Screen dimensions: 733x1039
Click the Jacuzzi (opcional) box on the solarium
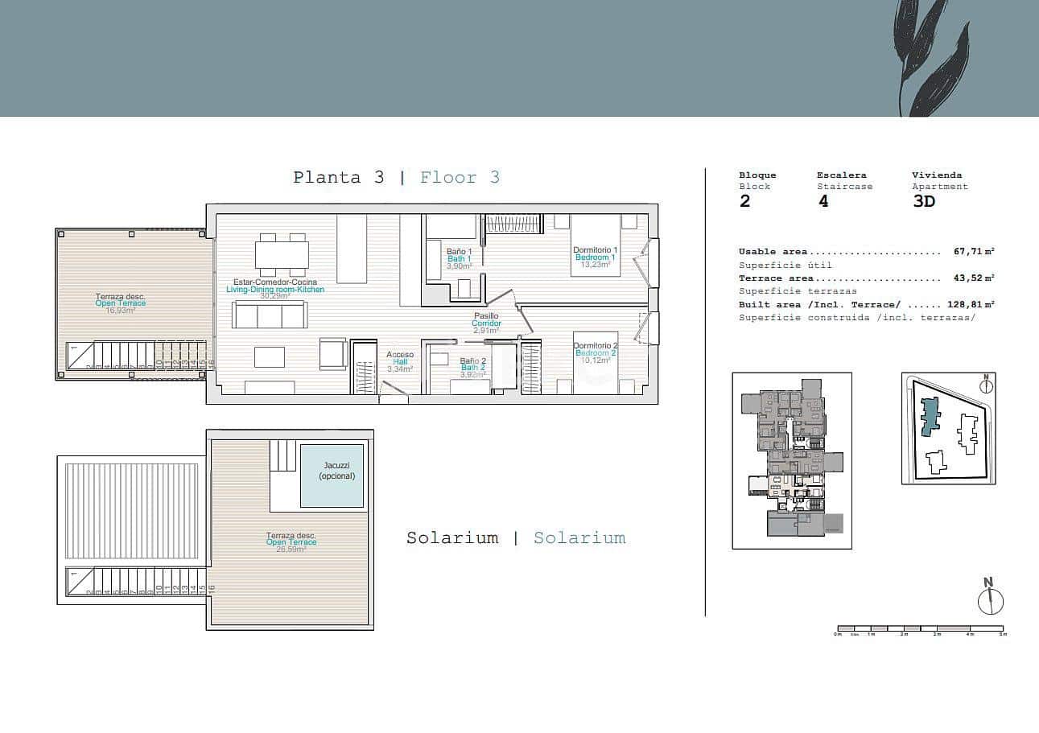click(x=332, y=476)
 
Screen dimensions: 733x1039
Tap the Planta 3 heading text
click(x=338, y=178)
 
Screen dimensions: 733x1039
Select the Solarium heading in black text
click(x=451, y=538)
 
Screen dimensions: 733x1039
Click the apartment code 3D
click(x=924, y=201)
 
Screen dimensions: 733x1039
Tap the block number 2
click(x=744, y=201)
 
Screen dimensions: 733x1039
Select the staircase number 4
click(x=823, y=201)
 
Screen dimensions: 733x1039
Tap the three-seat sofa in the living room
click(x=269, y=315)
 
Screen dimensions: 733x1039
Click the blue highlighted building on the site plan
click(x=930, y=416)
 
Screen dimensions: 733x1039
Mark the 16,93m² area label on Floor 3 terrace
click(x=121, y=310)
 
